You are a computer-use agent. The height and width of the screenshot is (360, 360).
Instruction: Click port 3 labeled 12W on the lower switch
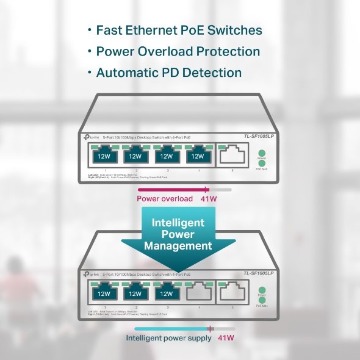point(166,293)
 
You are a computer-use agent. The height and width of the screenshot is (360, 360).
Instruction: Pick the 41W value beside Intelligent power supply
point(226,337)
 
